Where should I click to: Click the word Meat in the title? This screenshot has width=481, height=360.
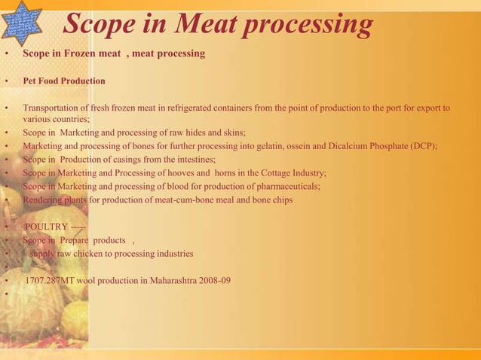[211, 25]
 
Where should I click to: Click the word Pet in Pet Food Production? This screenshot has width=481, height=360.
[31, 81]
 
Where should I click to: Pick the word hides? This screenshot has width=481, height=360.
[198, 132]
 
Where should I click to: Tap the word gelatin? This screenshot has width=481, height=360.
[314, 145]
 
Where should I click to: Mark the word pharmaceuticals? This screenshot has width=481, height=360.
[287, 186]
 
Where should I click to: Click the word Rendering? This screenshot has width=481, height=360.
[44, 200]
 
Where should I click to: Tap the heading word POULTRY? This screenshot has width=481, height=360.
[47, 227]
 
